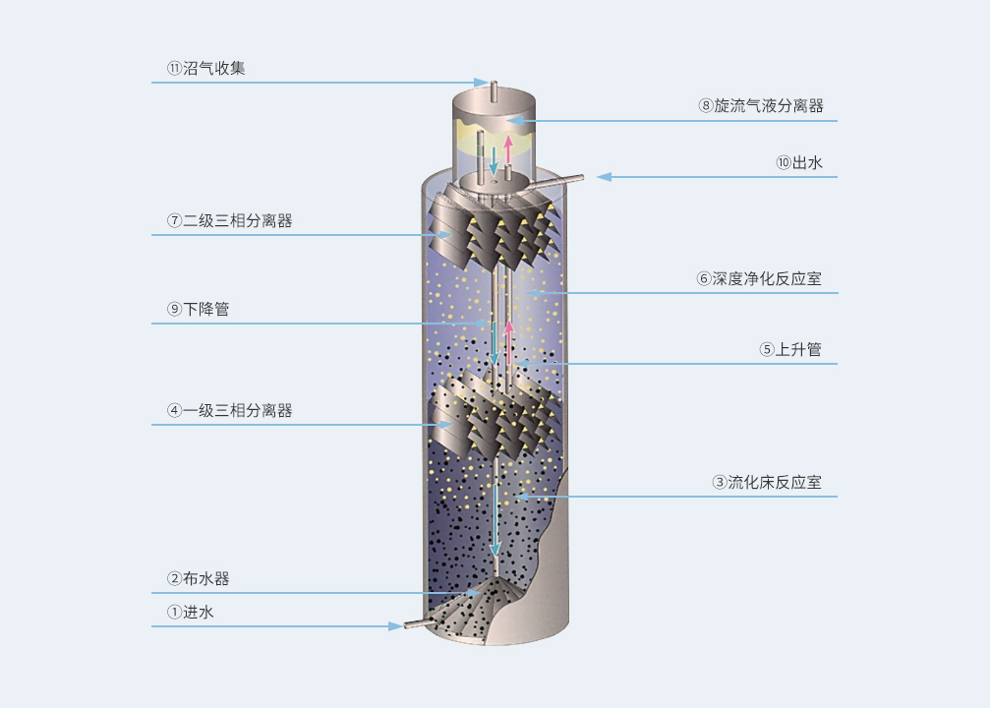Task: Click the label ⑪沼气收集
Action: pyautogui.click(x=205, y=68)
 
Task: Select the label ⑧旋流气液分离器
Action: pyautogui.click(x=761, y=105)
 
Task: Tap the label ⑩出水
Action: pyautogui.click(x=799, y=163)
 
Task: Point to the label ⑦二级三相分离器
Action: pyautogui.click(x=230, y=220)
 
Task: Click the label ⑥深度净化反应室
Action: pyautogui.click(x=760, y=278)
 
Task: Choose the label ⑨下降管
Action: pyautogui.click(x=199, y=309)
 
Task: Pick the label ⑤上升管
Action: pyautogui.click(x=790, y=349)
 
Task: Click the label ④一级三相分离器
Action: pyautogui.click(x=230, y=410)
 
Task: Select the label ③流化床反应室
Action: pyautogui.click(x=767, y=483)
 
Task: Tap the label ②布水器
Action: pyautogui.click(x=199, y=578)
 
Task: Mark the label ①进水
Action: pyautogui.click(x=190, y=612)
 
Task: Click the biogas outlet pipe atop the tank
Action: pyautogui.click(x=495, y=89)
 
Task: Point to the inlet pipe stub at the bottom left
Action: pyautogui.click(x=415, y=623)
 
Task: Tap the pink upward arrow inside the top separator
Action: pyautogui.click(x=508, y=148)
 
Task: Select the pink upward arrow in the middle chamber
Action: pyautogui.click(x=508, y=343)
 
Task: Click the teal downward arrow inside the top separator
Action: pyautogui.click(x=494, y=160)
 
